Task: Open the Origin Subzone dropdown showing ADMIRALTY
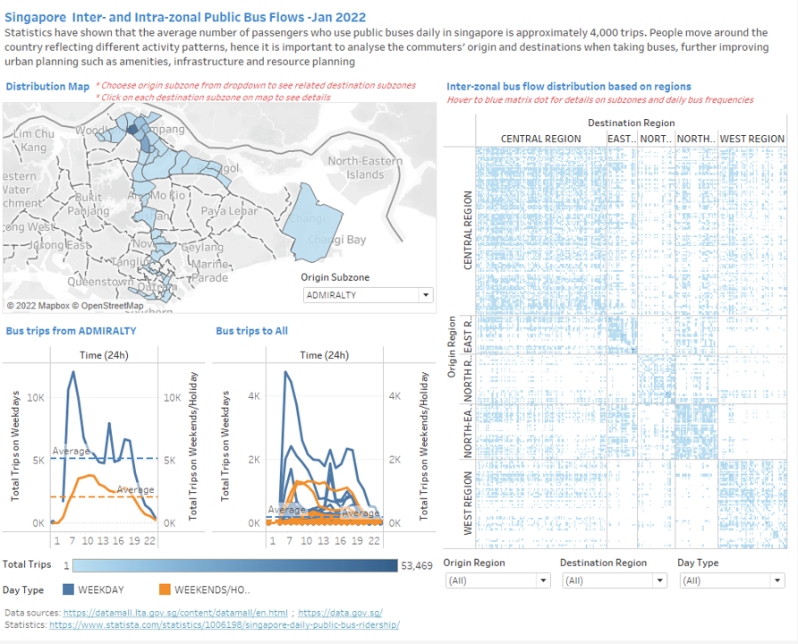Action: (x=368, y=295)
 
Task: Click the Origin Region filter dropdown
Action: (x=497, y=580)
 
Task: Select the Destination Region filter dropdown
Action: (x=613, y=580)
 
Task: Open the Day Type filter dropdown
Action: (x=730, y=580)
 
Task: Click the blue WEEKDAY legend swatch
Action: (x=68, y=589)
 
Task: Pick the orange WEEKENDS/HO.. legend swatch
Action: (x=165, y=589)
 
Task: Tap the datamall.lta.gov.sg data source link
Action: (x=174, y=613)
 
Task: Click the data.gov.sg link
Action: (x=340, y=613)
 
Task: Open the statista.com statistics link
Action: (x=224, y=625)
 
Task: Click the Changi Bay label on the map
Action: (x=336, y=240)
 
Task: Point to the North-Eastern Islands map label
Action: (x=364, y=167)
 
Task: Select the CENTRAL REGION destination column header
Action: (x=540, y=139)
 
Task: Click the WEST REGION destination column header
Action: (x=751, y=139)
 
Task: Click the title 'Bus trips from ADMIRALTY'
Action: (x=71, y=331)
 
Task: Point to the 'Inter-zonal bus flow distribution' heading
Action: (x=567, y=87)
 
